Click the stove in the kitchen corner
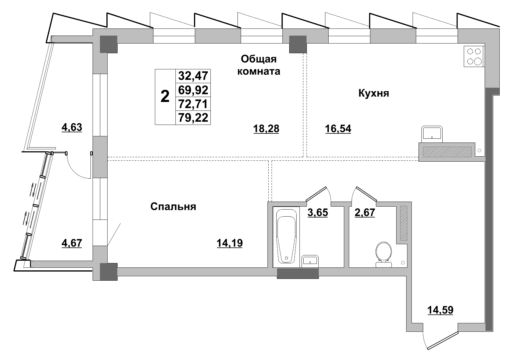[474, 56]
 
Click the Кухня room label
[374, 93]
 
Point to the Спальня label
[173, 207]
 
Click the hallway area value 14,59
[440, 310]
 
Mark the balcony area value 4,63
[72, 128]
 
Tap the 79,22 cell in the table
[193, 118]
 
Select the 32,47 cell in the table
[193, 76]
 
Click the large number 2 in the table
[165, 97]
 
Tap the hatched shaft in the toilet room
[404, 223]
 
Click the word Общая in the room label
[259, 59]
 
